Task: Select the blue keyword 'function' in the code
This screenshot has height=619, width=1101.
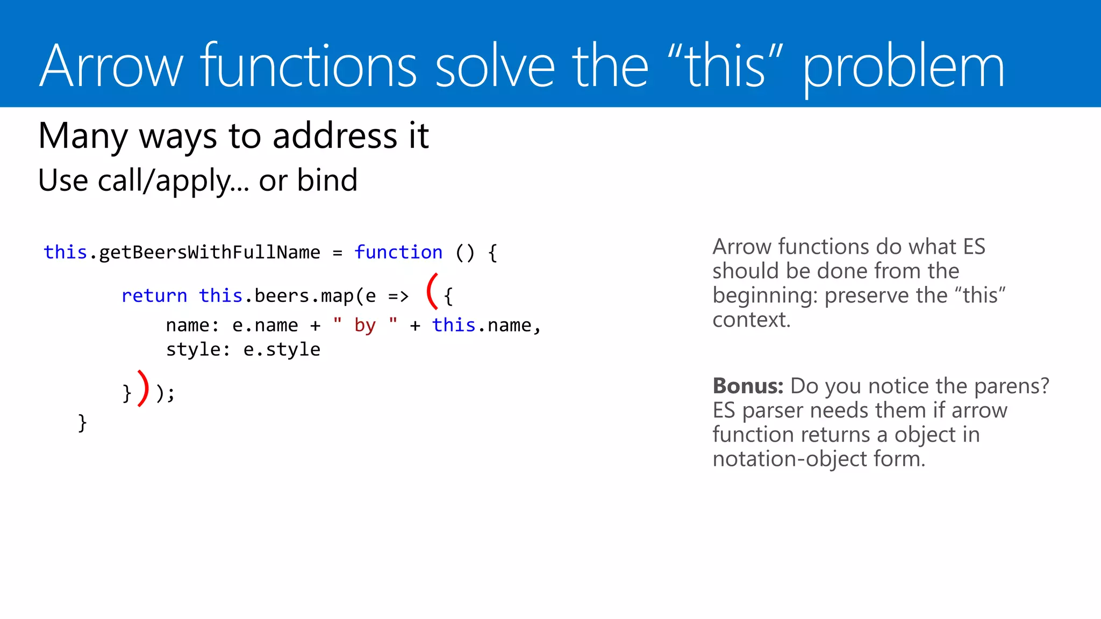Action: pos(398,252)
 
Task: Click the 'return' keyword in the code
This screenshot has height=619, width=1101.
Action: pos(154,296)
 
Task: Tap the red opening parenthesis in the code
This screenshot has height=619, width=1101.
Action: pos(432,291)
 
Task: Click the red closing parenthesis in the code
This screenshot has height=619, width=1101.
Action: pos(143,388)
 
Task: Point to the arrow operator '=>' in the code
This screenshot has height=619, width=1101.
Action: pos(398,296)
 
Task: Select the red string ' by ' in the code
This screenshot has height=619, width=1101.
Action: pos(365,325)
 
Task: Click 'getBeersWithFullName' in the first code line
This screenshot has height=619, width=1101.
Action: pos(210,253)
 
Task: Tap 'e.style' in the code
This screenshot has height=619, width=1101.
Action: pos(282,349)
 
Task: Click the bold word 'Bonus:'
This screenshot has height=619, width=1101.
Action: pos(748,386)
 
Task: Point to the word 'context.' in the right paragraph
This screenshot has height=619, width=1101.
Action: pos(751,320)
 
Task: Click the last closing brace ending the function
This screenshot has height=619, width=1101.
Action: pos(82,423)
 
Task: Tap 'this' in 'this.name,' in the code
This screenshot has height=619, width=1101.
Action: pos(454,325)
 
